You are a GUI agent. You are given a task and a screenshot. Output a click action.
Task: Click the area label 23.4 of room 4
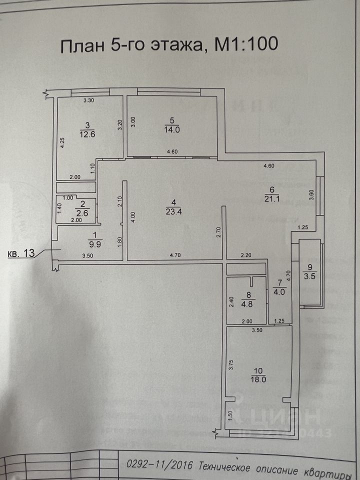click(173, 211)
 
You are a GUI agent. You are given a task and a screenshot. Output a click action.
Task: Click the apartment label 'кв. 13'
click(21, 253)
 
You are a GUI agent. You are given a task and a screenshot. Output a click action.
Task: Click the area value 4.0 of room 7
click(278, 292)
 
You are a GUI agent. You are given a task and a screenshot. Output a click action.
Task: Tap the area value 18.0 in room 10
click(258, 379)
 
